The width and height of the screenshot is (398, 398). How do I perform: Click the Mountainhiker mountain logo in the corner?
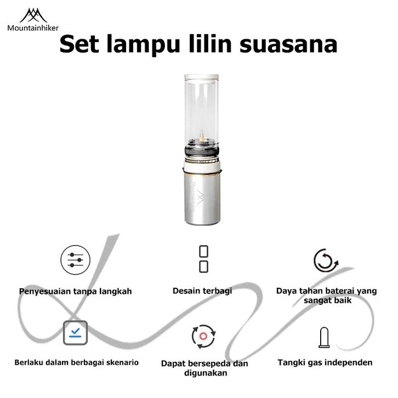pyautogui.click(x=33, y=15)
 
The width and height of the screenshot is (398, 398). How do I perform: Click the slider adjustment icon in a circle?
pyautogui.click(x=75, y=259)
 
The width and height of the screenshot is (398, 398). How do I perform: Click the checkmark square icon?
pyautogui.click(x=76, y=332)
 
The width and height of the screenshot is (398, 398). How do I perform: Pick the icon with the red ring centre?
pyautogui.click(x=204, y=336)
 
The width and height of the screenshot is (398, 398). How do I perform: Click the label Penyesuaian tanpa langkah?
pyautogui.click(x=76, y=291)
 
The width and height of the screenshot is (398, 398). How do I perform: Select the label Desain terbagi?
pyautogui.click(x=202, y=291)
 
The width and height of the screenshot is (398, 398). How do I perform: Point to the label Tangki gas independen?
pyautogui.click(x=325, y=362)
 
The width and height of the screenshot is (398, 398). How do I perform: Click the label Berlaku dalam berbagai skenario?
pyautogui.click(x=76, y=362)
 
